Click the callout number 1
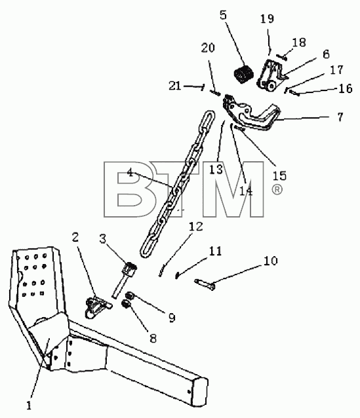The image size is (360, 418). pyautogui.click(x=29, y=406)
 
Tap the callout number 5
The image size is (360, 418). pyautogui.click(x=223, y=15)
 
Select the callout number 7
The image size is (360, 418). pyautogui.click(x=340, y=117)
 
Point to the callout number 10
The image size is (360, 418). pyautogui.click(x=270, y=261)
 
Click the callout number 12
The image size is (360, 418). pyautogui.click(x=196, y=226)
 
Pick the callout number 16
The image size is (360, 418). pyautogui.click(x=346, y=88)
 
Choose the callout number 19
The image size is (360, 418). pyautogui.click(x=267, y=18)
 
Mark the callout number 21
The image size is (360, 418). pyautogui.click(x=175, y=86)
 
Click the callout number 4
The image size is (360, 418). pyautogui.click(x=130, y=172)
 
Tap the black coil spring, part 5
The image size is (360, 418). pyautogui.click(x=244, y=73)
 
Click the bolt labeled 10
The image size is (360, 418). pyautogui.click(x=205, y=284)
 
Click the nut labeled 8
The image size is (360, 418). pyautogui.click(x=125, y=303)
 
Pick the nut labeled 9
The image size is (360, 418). pyautogui.click(x=130, y=295)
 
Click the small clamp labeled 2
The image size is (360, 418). pyautogui.click(x=96, y=307)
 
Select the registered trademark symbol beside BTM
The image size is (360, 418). pyautogui.click(x=277, y=190)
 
